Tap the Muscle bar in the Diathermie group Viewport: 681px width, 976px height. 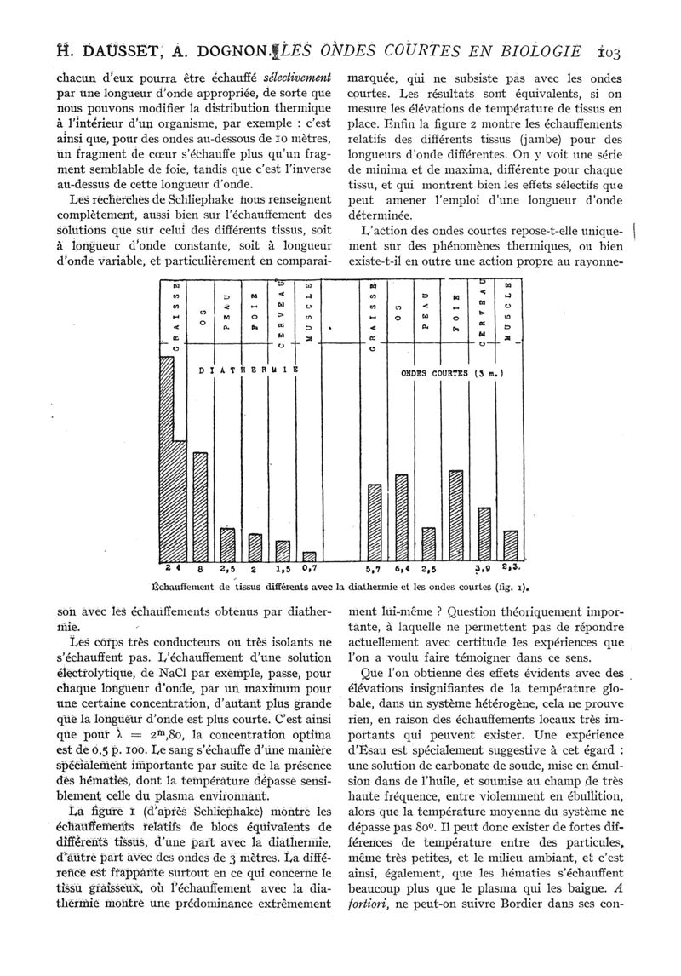309,556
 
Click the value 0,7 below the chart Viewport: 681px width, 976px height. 310,568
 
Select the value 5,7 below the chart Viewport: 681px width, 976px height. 372,568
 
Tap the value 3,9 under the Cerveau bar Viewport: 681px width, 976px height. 482,568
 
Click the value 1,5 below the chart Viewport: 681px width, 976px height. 283,568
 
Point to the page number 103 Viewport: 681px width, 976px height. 609,52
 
